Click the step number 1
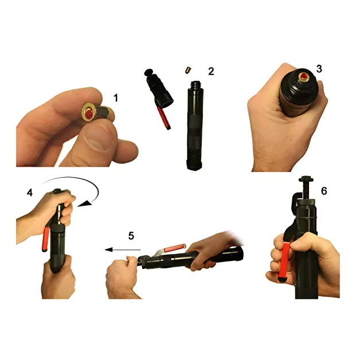[x=116, y=98]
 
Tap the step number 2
[x=211, y=72]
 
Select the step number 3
[x=319, y=69]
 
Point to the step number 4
[x=30, y=193]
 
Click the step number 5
[x=131, y=236]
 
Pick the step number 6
[x=324, y=191]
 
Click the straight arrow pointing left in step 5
[x=123, y=249]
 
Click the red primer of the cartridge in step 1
[x=88, y=113]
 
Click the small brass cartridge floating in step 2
[x=188, y=70]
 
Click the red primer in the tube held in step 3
[x=304, y=76]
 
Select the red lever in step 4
[x=45, y=239]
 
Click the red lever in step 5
[x=175, y=248]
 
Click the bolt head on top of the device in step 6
[x=308, y=179]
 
